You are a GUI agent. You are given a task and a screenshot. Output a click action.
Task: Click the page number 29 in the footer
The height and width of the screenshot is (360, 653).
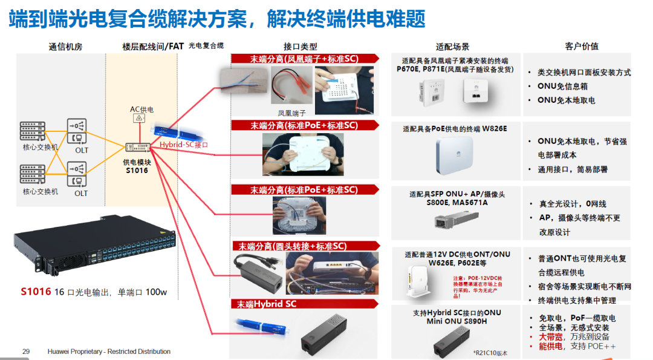(x=26, y=352)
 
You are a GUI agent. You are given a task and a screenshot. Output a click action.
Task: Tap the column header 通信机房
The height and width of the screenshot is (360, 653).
(x=65, y=47)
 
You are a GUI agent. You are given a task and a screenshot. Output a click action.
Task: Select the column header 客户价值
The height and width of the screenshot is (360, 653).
(x=582, y=47)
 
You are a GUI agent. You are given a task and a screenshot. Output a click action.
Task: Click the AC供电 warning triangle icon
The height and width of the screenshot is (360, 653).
(x=139, y=119)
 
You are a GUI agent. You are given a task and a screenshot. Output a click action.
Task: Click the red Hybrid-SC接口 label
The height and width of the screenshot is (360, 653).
(x=183, y=145)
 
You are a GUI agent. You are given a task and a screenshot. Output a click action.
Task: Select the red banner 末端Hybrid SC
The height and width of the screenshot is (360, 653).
(x=267, y=304)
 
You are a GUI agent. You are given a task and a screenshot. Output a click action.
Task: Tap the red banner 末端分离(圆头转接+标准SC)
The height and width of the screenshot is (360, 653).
(x=292, y=246)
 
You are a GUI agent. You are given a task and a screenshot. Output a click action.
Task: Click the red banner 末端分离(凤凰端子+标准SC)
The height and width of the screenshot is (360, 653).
(x=304, y=59)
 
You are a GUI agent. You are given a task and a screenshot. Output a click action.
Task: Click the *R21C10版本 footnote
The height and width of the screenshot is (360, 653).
(x=490, y=353)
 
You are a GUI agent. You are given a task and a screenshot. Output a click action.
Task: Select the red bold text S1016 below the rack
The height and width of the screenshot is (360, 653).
(x=36, y=292)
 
